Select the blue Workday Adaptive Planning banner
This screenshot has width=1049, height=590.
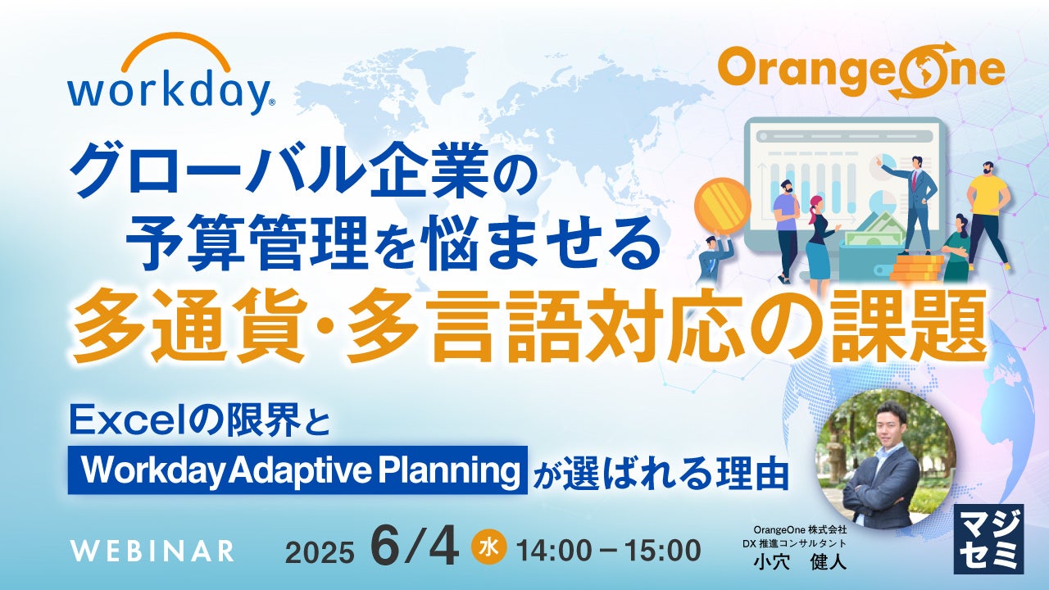click(297, 470)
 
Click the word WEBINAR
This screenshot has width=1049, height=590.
click(152, 551)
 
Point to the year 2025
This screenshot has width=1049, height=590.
click(320, 553)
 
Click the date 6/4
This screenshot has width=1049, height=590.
click(415, 549)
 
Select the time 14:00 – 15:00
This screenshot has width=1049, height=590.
click(609, 551)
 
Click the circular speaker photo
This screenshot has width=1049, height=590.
click(886, 460)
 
